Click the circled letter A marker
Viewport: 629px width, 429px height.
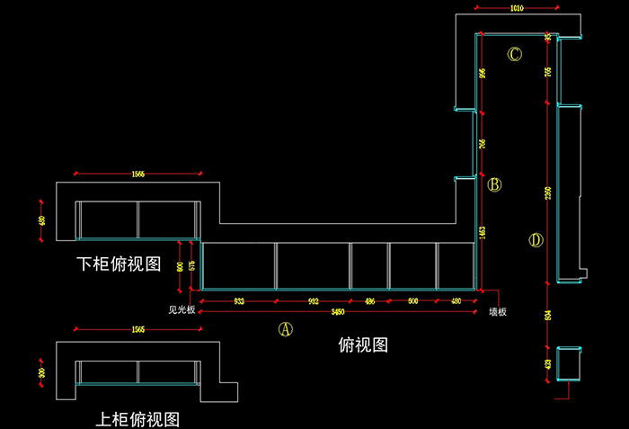click(285, 329)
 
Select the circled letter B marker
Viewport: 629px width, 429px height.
click(494, 185)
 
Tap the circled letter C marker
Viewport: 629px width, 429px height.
click(515, 54)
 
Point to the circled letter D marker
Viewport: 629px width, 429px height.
click(536, 240)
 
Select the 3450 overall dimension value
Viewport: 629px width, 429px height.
click(337, 311)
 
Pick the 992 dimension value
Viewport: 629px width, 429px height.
click(313, 301)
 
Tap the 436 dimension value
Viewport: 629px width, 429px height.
click(369, 301)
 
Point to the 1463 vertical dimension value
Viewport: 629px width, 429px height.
click(483, 232)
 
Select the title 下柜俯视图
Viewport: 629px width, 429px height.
click(119, 264)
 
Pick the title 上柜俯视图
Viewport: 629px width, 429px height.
click(137, 419)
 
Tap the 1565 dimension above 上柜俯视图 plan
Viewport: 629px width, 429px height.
click(137, 330)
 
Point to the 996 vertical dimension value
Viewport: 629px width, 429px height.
click(483, 74)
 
